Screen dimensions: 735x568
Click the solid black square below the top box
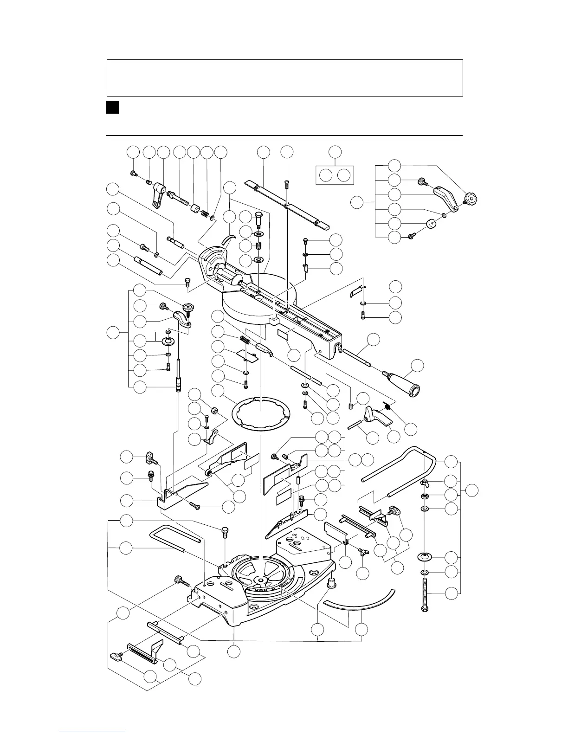[x=112, y=107]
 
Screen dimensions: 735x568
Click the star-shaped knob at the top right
[x=471, y=200]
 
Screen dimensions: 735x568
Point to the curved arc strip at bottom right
[x=362, y=601]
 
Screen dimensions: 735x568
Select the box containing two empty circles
[x=335, y=175]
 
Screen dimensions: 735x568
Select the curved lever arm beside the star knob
[x=445, y=198]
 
